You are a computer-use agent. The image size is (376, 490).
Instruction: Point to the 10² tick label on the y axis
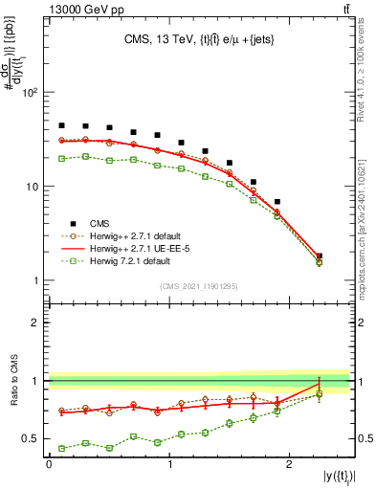click(x=29, y=94)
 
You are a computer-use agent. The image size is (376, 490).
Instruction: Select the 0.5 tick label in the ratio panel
click(x=29, y=439)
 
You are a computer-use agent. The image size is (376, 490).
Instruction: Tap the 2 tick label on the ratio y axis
click(x=33, y=323)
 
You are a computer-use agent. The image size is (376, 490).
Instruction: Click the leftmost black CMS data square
click(x=61, y=125)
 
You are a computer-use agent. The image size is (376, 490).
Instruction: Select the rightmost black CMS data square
click(x=319, y=256)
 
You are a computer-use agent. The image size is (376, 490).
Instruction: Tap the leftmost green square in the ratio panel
click(x=61, y=448)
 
